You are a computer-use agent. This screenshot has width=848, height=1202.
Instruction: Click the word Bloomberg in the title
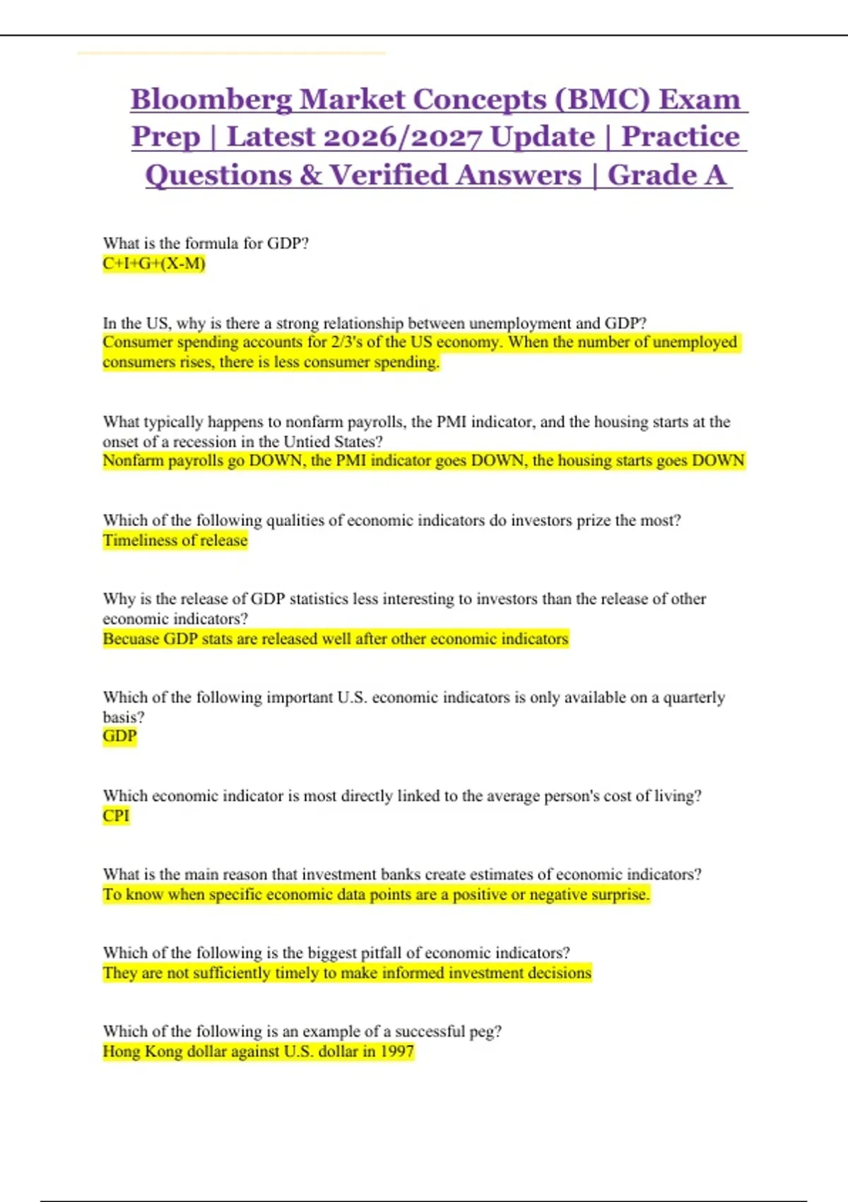pos(211,100)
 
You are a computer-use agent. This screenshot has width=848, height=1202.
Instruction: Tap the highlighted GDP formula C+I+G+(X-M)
pos(154,264)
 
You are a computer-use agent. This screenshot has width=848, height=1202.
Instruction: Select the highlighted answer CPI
pos(116,816)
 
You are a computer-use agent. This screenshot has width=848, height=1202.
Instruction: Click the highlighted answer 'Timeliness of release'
pos(175,540)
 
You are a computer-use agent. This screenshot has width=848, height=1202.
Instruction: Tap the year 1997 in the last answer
pos(396,1051)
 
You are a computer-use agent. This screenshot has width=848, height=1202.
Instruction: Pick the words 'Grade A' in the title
pos(666,175)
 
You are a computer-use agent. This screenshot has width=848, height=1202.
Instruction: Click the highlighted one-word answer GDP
pos(119,737)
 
